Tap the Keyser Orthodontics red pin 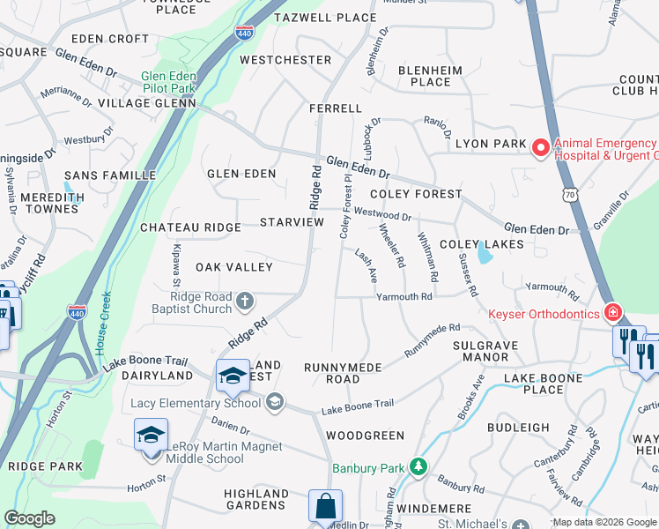point(612,312)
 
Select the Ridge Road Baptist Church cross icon point(246,302)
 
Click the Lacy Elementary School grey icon point(275,402)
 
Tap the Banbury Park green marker point(419,466)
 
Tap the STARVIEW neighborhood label point(292,222)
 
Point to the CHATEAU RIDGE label point(190,227)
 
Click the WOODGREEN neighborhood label point(365,436)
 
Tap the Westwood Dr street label point(382,215)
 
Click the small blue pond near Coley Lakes point(484,256)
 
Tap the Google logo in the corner point(29,518)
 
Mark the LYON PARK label point(491,144)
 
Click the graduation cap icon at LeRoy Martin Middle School point(151,436)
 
